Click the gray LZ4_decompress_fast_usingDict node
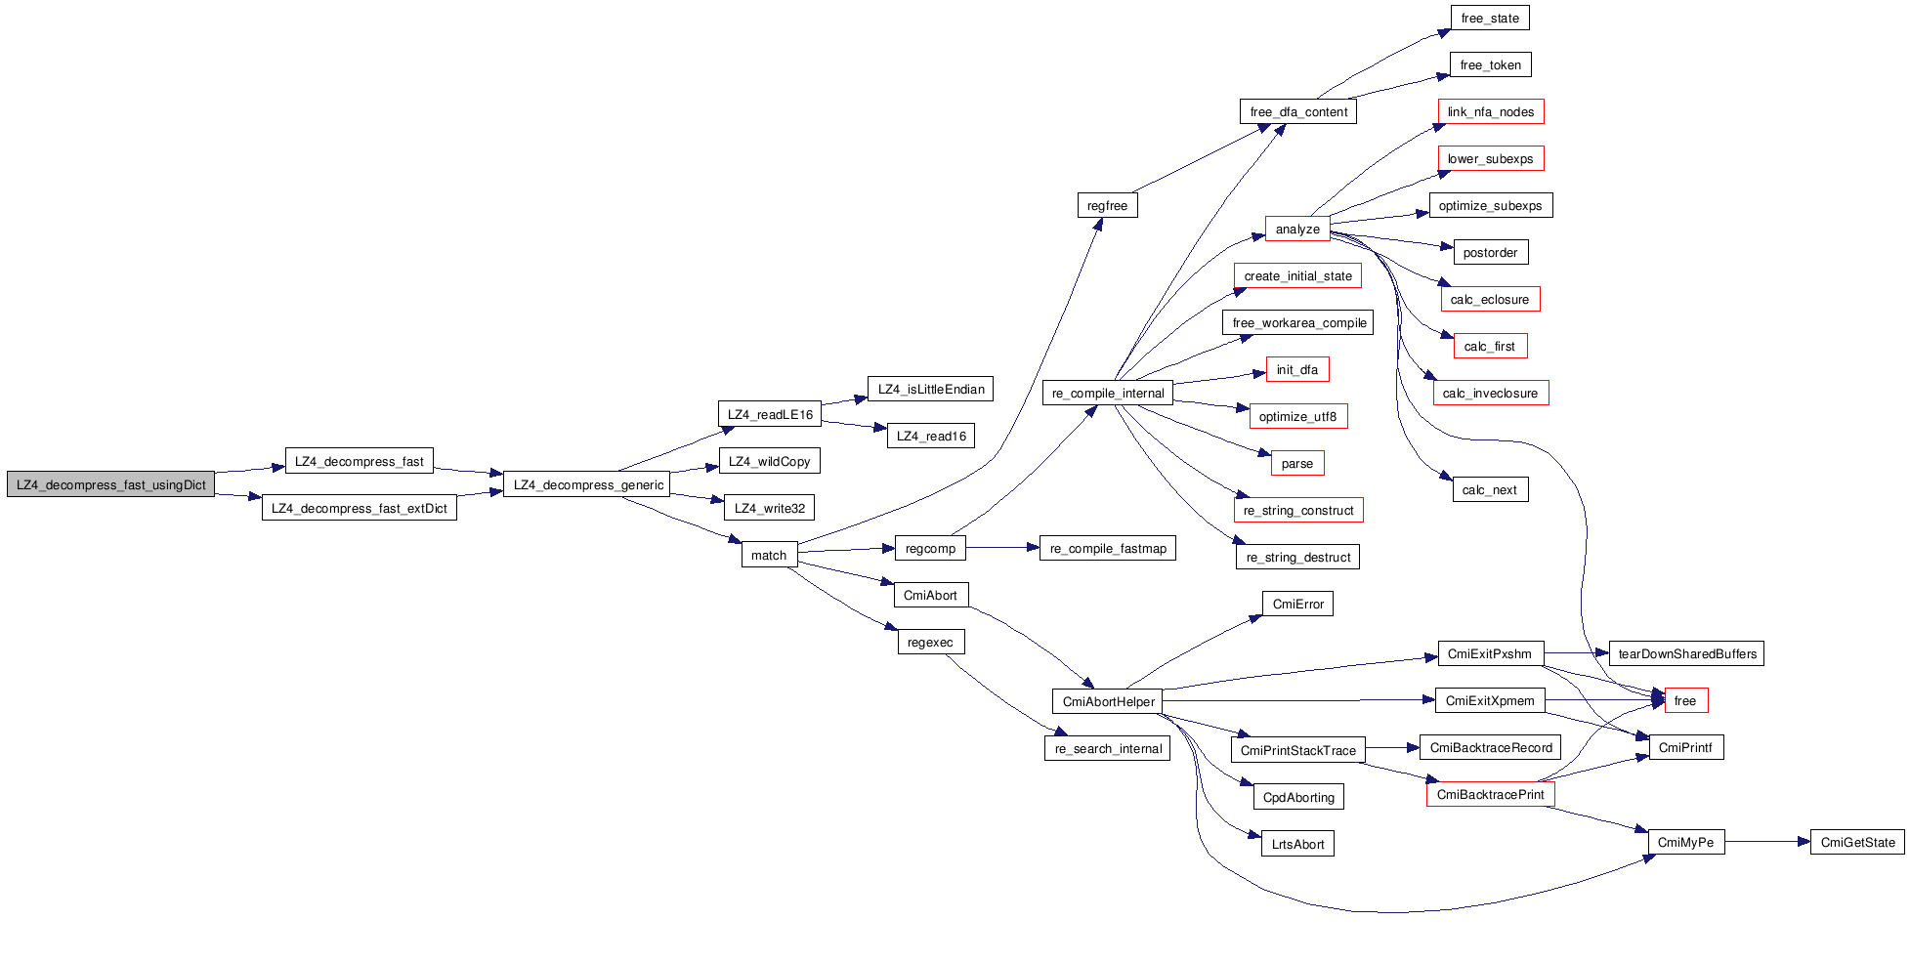coord(110,484)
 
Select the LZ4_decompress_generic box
coord(587,484)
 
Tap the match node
coord(769,555)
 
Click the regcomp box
coord(930,548)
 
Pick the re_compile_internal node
coord(1107,393)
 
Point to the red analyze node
coord(1296,229)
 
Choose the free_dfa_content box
coord(1297,111)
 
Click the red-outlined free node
coord(1685,700)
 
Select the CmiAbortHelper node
coord(1108,701)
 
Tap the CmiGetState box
coord(1857,842)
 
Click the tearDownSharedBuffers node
coord(1686,653)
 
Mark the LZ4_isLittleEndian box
coord(930,389)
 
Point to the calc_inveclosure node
coord(1490,393)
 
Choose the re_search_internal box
coord(1107,748)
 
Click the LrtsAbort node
coord(1297,844)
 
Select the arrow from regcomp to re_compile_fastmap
coord(1002,548)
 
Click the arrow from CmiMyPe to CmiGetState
coord(1766,842)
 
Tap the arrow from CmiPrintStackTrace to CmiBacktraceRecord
coord(1392,748)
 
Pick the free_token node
coord(1490,64)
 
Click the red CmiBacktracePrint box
coord(1490,794)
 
